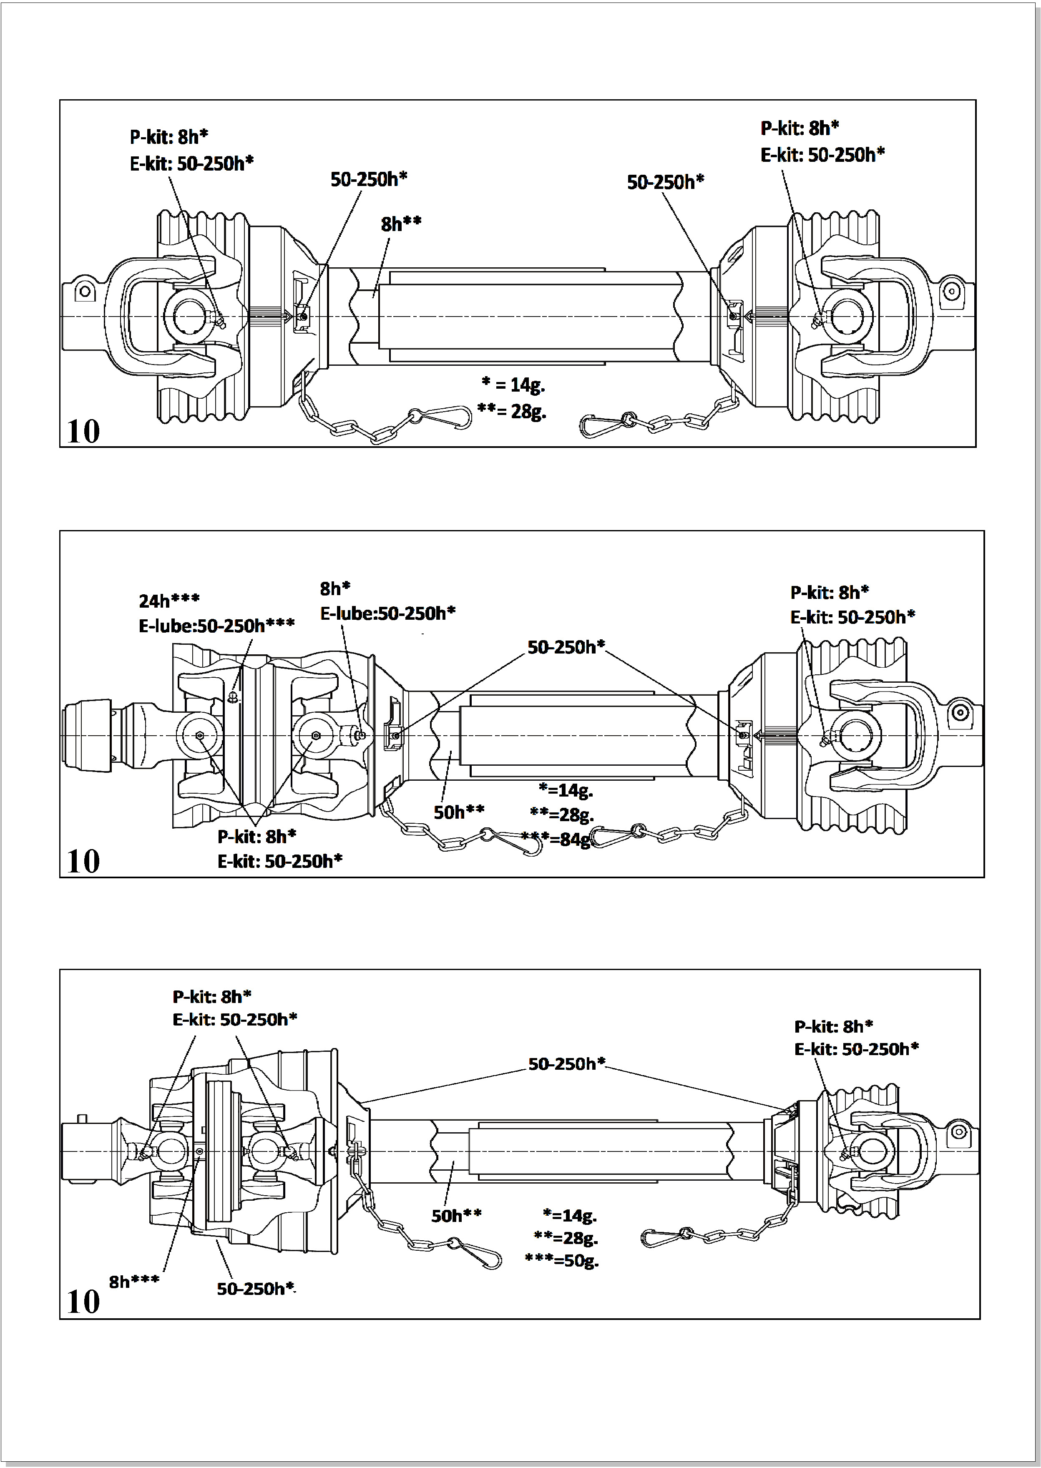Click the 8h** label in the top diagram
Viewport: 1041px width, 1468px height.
point(401,224)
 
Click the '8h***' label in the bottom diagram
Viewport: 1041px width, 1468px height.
point(134,1282)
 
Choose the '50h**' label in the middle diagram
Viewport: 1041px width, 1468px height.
point(459,812)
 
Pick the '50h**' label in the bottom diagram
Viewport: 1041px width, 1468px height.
point(456,1215)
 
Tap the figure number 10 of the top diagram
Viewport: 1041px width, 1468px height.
point(83,431)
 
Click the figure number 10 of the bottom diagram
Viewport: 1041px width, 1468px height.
point(83,1302)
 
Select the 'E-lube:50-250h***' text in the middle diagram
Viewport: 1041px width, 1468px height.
point(216,626)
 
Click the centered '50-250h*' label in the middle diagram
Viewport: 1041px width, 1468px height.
point(566,647)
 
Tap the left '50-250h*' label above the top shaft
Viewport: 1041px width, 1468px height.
point(369,179)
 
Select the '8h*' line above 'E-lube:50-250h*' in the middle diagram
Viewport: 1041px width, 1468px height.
point(335,588)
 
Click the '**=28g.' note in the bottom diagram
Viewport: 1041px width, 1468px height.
point(566,1237)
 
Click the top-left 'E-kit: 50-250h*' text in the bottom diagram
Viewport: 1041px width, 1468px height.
point(235,1019)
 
